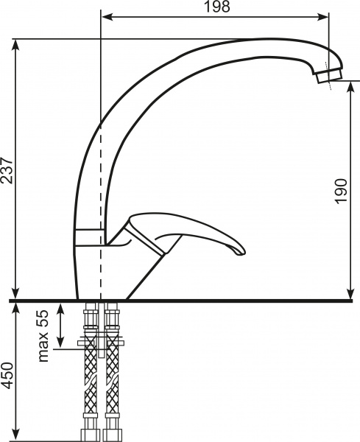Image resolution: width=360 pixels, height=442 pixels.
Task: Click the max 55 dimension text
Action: click(x=43, y=335)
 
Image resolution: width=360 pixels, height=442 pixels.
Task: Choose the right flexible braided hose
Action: click(x=112, y=383)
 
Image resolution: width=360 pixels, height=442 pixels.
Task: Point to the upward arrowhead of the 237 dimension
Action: click(x=15, y=43)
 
